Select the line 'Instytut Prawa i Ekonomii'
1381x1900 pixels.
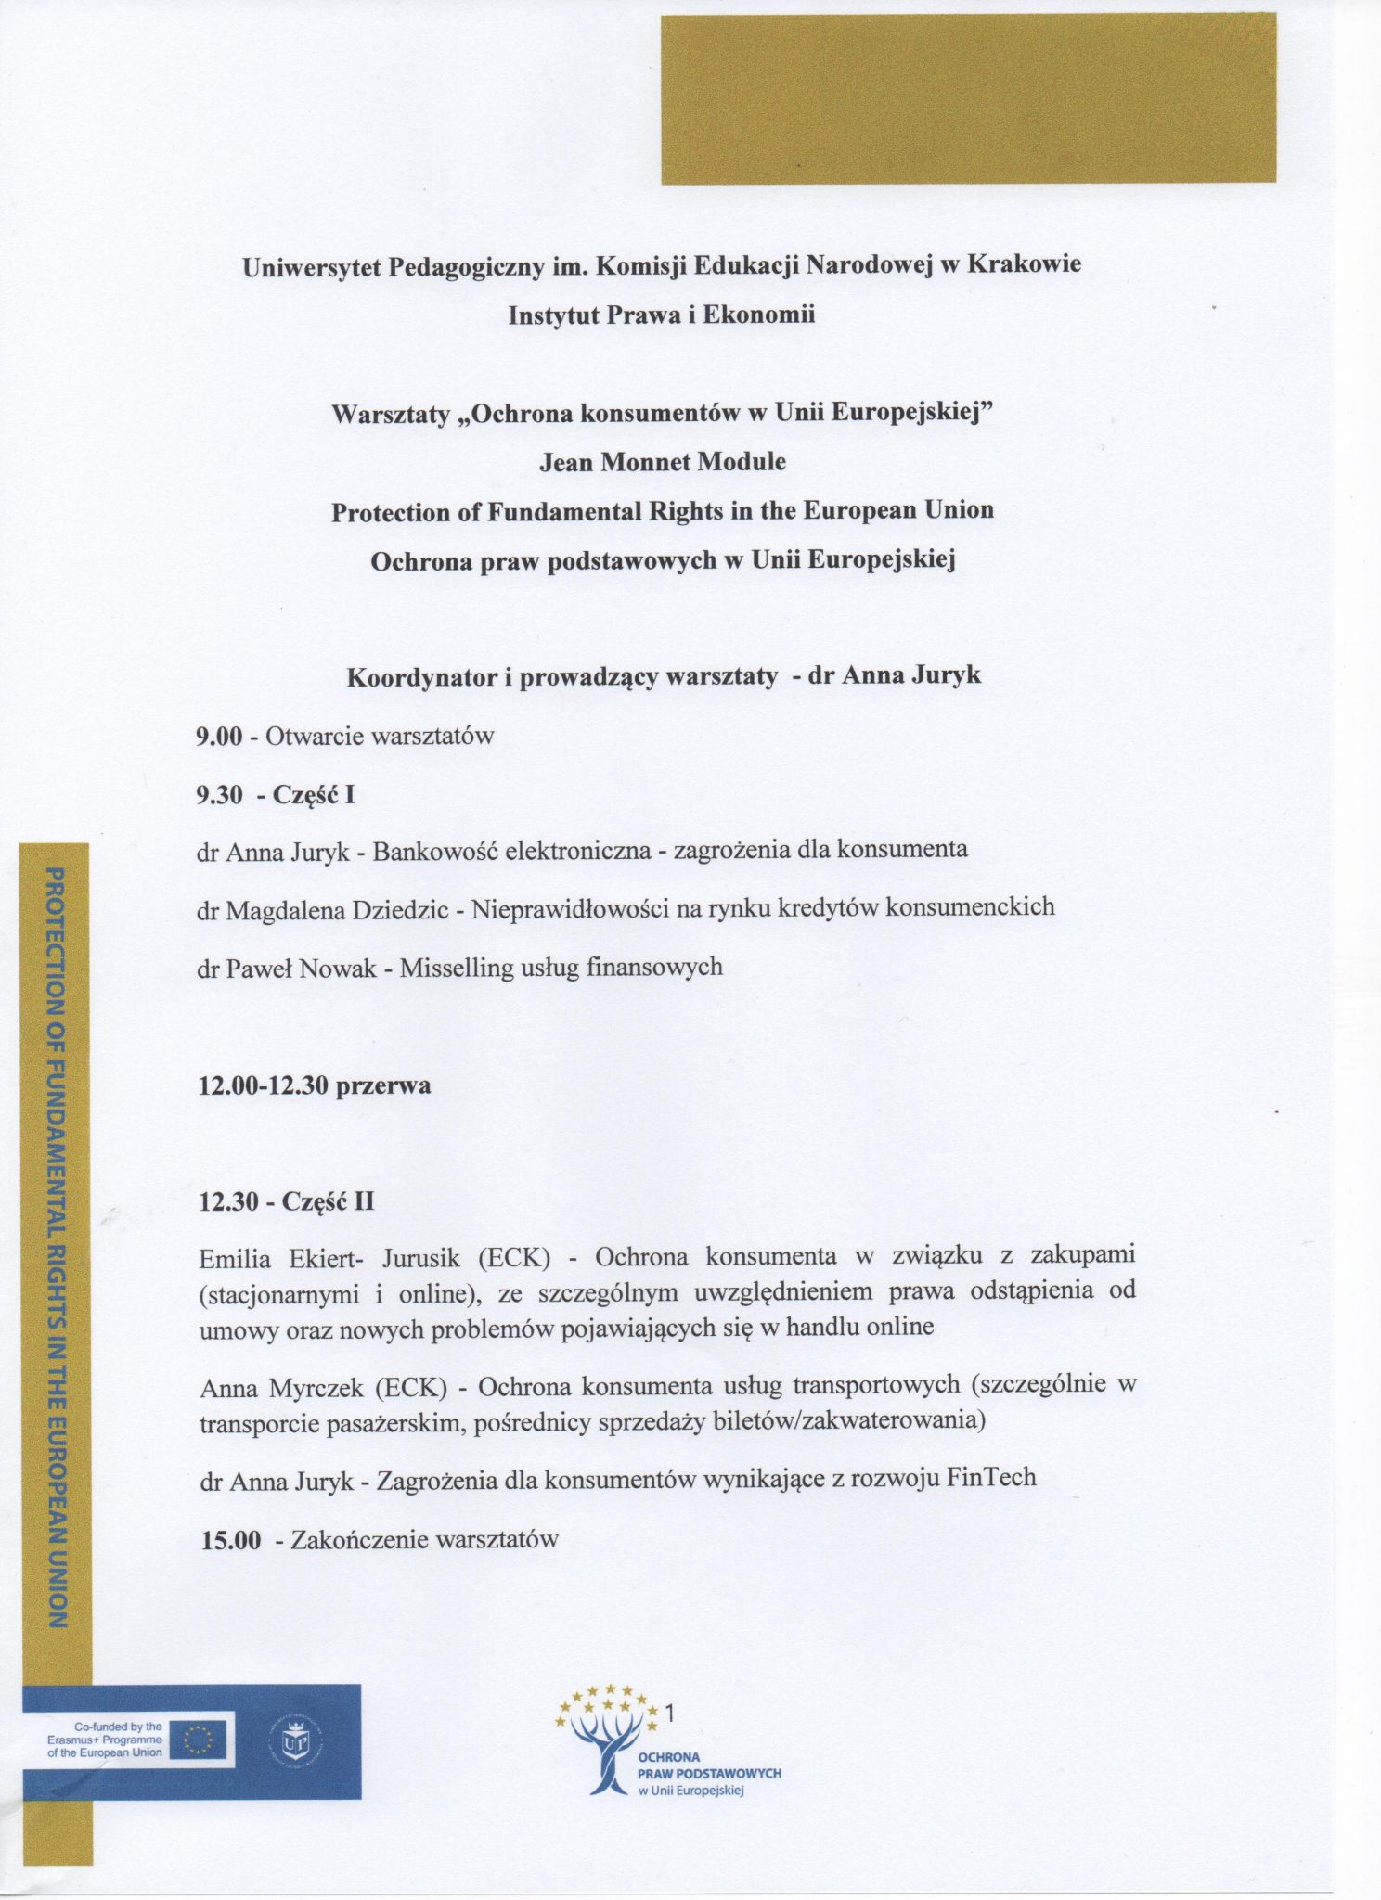coord(661,315)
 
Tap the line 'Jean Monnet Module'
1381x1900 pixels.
coord(662,461)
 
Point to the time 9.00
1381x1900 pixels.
coord(219,737)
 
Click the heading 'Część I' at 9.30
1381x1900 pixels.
coord(314,795)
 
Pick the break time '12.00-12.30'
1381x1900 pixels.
coord(264,1085)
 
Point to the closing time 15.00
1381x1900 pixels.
coord(231,1541)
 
